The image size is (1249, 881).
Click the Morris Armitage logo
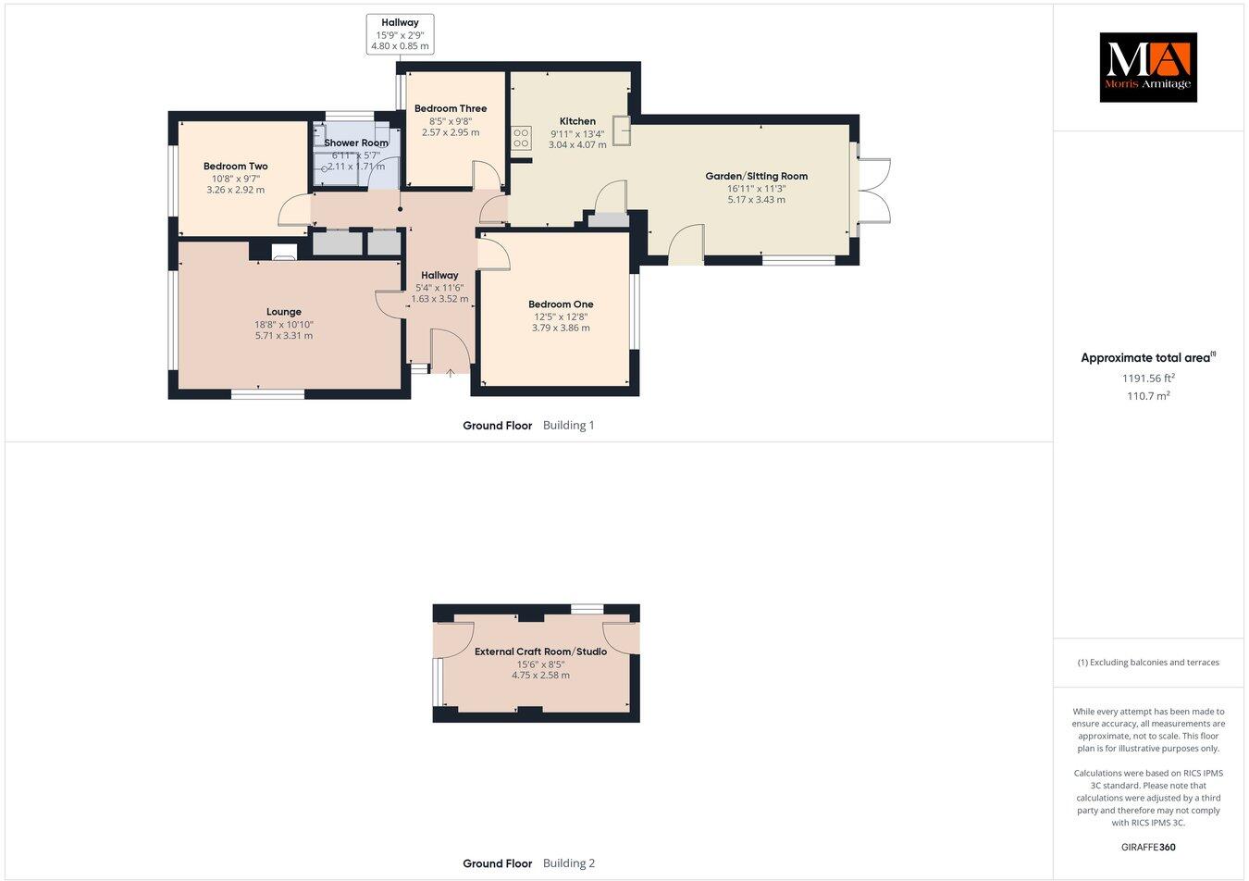coord(1147,67)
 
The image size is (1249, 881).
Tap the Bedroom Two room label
coord(236,167)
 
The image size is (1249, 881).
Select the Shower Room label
coord(356,143)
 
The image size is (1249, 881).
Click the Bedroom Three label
coord(451,109)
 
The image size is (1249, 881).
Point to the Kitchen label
coord(577,121)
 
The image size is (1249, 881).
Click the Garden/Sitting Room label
coord(756,176)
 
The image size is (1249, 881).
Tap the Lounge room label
coord(284,312)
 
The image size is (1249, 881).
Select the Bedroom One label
coord(561,304)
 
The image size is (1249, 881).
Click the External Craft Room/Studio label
coord(540,651)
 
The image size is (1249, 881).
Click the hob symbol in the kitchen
coord(521,138)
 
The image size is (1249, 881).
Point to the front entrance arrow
coord(451,373)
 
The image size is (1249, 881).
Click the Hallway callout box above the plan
coord(400,34)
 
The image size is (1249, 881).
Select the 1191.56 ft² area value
coord(1148,378)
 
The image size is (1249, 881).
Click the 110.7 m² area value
coord(1148,396)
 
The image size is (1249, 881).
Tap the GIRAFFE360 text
coord(1148,847)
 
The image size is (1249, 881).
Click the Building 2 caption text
coord(568,863)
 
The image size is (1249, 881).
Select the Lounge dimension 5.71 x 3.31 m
coord(284,336)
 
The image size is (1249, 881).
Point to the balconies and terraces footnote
coord(1148,663)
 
